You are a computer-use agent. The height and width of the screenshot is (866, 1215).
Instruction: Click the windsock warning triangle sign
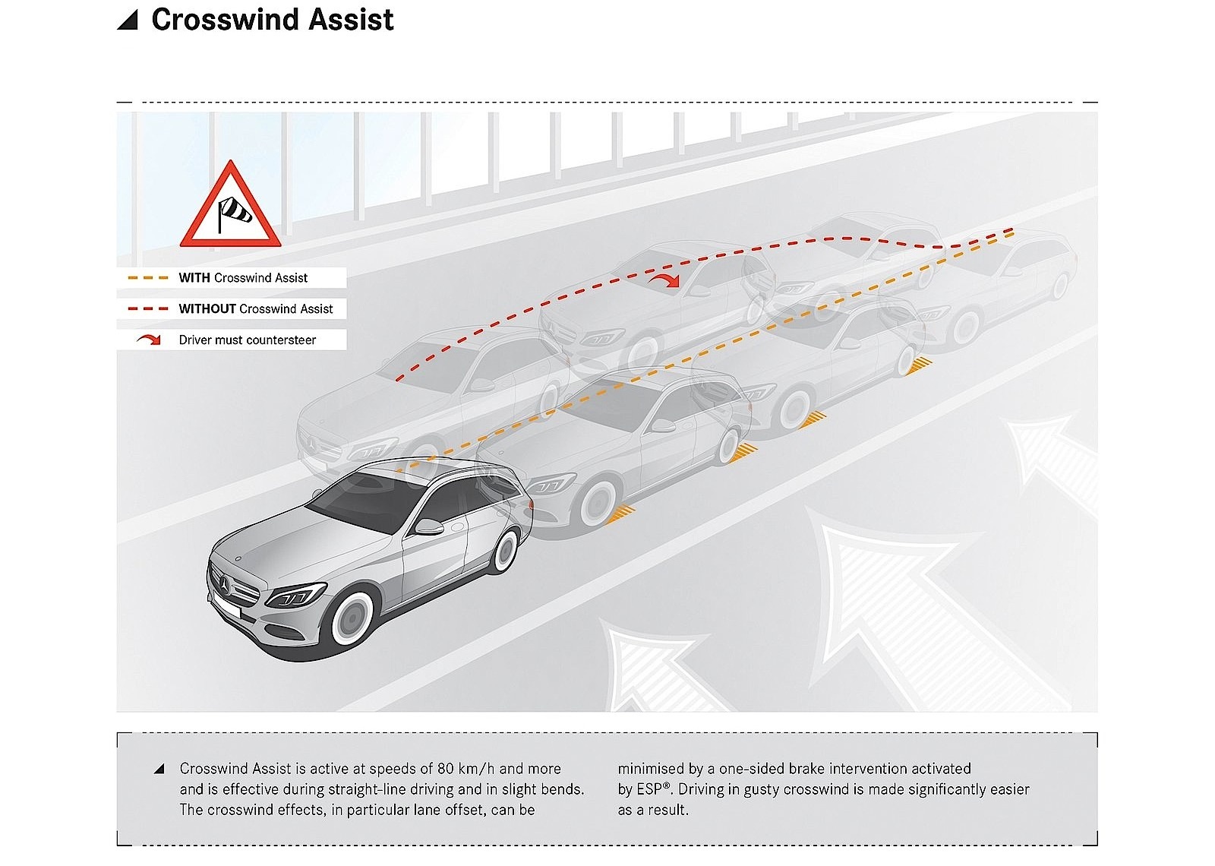point(230,207)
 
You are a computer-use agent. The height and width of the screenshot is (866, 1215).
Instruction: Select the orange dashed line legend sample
point(148,278)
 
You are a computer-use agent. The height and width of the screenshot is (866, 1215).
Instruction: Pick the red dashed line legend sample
point(148,309)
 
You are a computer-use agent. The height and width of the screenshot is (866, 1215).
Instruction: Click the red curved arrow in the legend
point(149,340)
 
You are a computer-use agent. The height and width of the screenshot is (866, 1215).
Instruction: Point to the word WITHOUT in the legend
point(207,309)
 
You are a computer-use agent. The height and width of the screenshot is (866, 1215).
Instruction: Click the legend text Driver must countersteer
point(247,340)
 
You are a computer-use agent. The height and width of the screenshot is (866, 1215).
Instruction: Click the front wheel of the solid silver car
point(351,618)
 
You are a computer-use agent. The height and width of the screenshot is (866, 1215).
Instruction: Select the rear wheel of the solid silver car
point(504,550)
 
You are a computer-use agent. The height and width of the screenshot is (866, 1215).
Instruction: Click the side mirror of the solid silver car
point(429,526)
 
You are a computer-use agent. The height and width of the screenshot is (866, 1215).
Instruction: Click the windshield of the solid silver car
point(364,501)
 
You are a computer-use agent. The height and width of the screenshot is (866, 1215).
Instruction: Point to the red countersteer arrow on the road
point(665,281)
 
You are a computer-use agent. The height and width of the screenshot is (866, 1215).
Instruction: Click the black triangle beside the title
point(128,20)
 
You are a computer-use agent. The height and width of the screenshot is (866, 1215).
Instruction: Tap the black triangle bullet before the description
point(159,769)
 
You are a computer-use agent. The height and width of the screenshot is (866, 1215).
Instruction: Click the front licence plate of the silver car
point(226,608)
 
